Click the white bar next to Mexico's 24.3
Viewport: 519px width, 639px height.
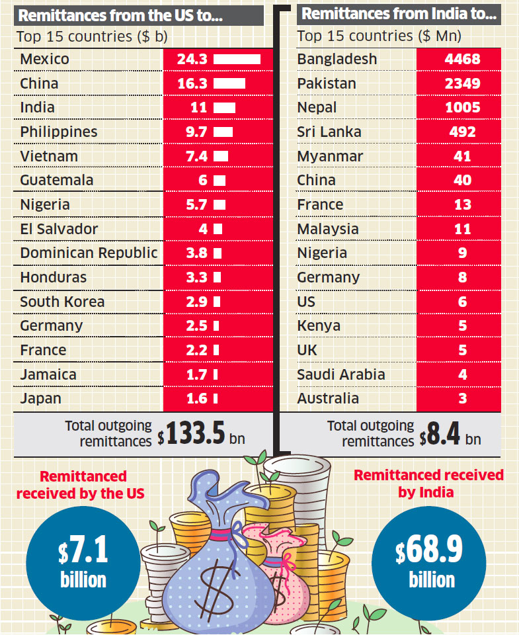pyautogui.click(x=237, y=60)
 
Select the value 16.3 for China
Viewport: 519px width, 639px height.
pyautogui.click(x=192, y=84)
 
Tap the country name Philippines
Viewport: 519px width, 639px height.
pyautogui.click(x=58, y=132)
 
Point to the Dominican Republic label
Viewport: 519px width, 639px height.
pyautogui.click(x=89, y=253)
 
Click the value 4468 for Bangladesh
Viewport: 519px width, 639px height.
pyautogui.click(x=462, y=60)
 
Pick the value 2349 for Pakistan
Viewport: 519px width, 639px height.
pyautogui.click(x=462, y=84)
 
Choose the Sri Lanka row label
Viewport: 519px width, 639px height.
pyautogui.click(x=329, y=132)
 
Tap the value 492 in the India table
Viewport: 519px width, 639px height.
pyautogui.click(x=462, y=132)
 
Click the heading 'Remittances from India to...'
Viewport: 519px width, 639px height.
pyautogui.click(x=399, y=13)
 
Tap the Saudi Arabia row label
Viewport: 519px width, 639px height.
pyautogui.click(x=340, y=374)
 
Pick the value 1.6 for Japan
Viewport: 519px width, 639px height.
pyautogui.click(x=197, y=399)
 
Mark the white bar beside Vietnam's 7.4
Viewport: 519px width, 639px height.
pyautogui.click(x=221, y=157)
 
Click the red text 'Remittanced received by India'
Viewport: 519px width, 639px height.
pyautogui.click(x=428, y=484)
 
